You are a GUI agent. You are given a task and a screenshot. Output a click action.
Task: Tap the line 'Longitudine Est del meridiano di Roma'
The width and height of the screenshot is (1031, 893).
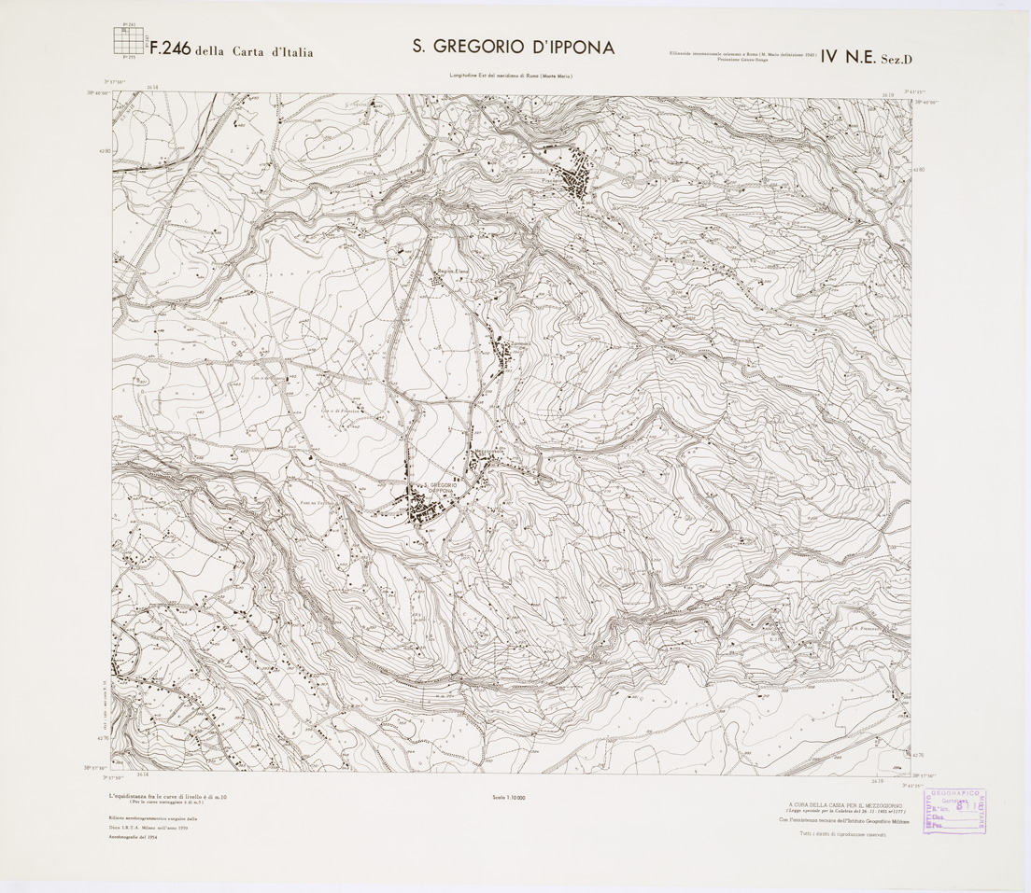point(510,75)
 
